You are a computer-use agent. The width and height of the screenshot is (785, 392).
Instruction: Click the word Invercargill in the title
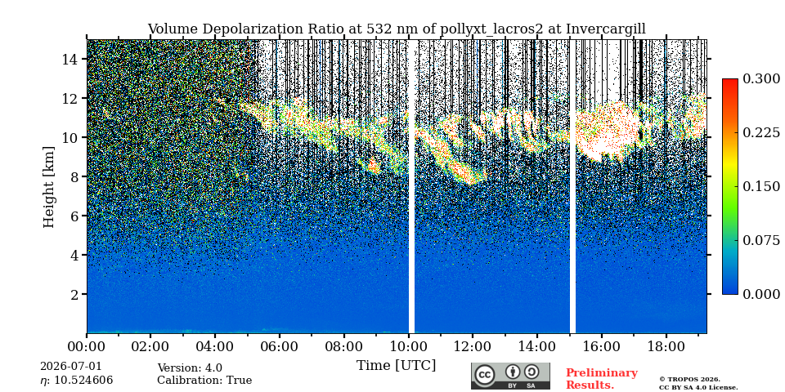(x=606, y=29)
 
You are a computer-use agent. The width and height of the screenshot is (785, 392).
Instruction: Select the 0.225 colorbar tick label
(x=761, y=132)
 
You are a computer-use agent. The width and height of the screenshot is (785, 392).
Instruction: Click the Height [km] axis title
(x=48, y=187)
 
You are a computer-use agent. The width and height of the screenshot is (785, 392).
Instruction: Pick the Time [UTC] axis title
(x=396, y=366)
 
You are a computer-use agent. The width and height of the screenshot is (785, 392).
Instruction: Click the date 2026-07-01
(x=70, y=367)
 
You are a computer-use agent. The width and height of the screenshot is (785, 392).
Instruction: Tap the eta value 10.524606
(x=77, y=381)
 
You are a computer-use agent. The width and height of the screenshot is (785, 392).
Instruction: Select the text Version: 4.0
(x=190, y=368)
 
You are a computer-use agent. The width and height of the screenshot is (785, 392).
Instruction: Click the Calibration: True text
(x=204, y=381)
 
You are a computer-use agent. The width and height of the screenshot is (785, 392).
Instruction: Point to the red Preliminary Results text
(x=602, y=379)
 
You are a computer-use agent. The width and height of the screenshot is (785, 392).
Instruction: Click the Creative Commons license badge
(x=510, y=376)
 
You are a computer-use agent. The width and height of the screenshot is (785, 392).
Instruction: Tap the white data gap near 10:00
(x=411, y=186)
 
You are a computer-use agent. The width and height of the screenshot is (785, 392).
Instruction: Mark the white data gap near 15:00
(x=572, y=186)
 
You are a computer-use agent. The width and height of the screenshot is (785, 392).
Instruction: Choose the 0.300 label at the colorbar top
(x=761, y=79)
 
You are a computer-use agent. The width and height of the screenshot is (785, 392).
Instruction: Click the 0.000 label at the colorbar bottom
(x=761, y=294)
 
